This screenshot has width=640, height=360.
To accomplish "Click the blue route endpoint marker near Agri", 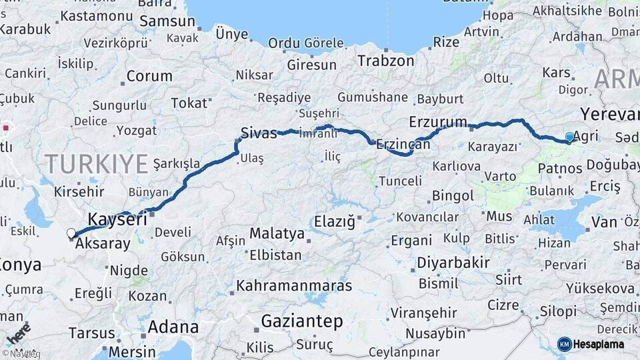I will click(569, 137).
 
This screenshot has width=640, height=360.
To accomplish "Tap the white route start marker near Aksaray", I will click(71, 233).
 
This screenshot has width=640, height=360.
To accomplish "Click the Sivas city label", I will click(259, 133).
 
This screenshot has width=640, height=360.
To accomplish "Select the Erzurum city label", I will click(438, 122).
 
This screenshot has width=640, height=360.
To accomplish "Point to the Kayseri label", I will click(117, 219).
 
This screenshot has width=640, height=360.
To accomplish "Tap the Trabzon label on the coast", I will click(385, 61).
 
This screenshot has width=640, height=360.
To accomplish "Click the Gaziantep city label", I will click(302, 321).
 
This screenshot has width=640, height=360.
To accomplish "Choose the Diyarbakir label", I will click(453, 263).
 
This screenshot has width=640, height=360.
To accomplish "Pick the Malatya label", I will click(277, 234).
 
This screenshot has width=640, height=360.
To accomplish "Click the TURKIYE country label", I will click(97, 163).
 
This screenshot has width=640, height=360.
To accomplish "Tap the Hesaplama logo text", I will click(599, 345).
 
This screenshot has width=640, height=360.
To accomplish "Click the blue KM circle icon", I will click(564, 345).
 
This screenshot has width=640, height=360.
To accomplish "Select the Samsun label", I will click(167, 21).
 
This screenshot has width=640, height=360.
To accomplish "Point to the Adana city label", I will click(173, 327).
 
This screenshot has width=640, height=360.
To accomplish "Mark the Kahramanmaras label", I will click(294, 286).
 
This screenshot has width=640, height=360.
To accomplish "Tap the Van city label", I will click(604, 222).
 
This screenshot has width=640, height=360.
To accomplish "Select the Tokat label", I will click(189, 103).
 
